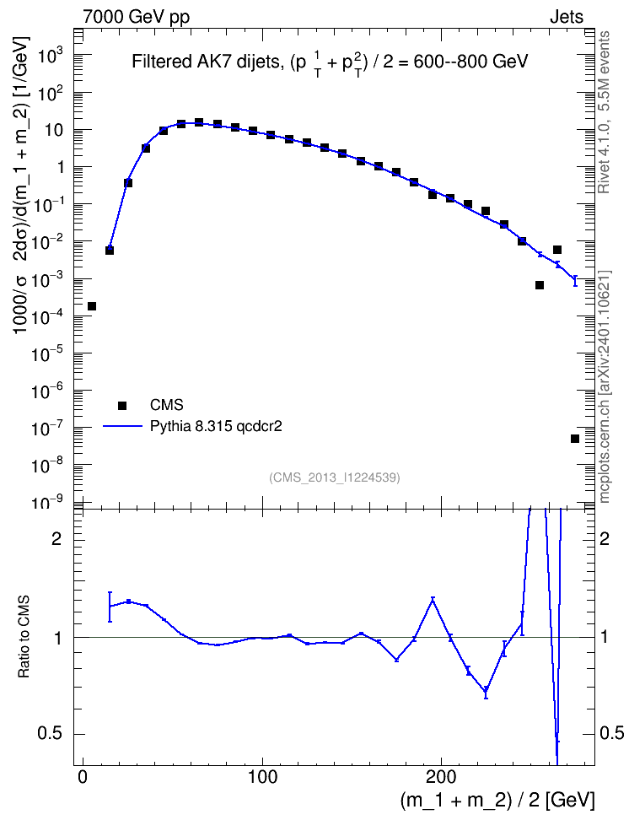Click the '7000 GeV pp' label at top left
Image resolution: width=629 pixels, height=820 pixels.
[136, 17]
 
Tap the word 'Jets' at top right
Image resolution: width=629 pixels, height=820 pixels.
[567, 17]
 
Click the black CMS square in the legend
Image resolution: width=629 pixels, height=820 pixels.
[122, 405]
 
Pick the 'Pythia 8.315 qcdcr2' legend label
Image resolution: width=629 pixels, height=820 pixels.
[216, 426]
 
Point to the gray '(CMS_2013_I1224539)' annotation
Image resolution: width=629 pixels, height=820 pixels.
[335, 477]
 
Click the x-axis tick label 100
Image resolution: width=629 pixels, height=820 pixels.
[262, 776]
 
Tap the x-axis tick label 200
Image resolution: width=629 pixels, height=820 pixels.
[441, 776]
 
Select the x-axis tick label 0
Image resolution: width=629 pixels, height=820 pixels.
[83, 776]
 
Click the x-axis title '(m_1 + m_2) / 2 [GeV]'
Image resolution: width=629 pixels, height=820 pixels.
[497, 801]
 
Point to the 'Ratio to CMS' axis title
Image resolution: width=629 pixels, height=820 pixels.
[24, 636]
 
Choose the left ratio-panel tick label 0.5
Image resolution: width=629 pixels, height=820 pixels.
[49, 734]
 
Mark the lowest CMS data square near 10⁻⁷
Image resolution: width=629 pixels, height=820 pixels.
[575, 438]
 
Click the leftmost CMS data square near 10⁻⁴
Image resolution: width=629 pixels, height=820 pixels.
[92, 306]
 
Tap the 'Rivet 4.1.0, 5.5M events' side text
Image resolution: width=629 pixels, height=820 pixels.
[604, 112]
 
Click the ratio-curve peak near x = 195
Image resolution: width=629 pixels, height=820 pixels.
[433, 599]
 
